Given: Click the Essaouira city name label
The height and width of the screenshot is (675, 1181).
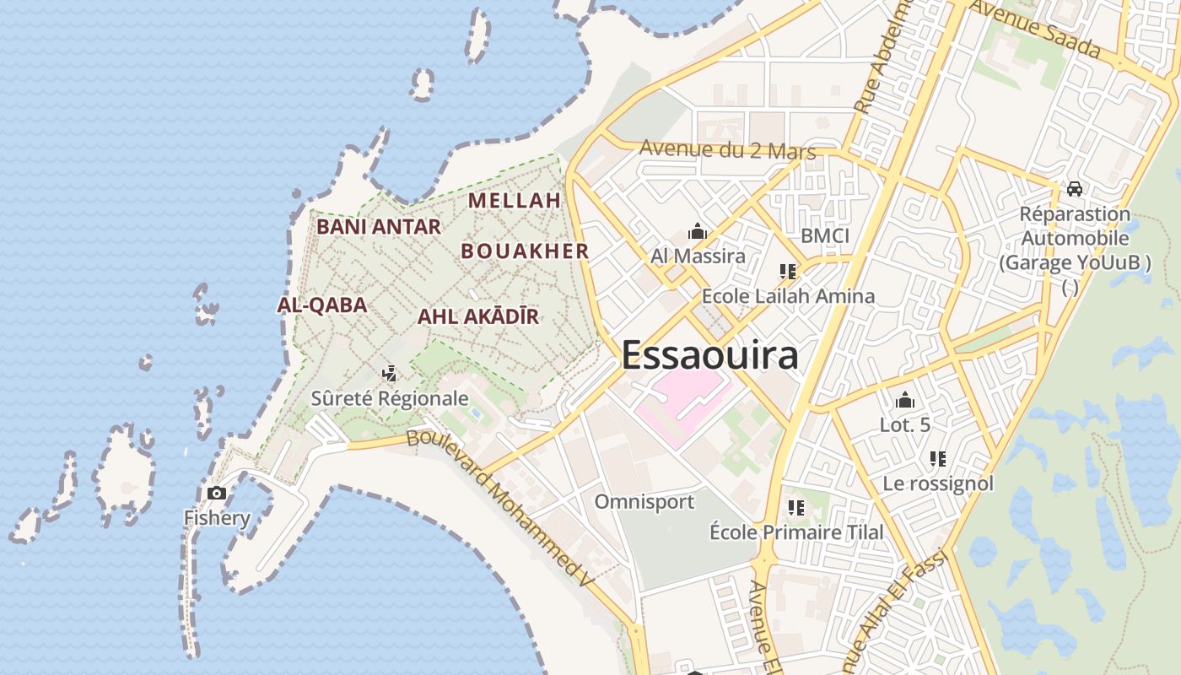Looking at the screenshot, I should point(709,355).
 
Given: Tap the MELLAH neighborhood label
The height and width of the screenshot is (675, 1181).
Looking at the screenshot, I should point(515,201).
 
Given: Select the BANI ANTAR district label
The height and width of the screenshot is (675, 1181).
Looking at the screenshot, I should point(378,227).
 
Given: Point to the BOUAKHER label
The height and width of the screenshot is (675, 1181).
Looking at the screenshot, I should point(525,251).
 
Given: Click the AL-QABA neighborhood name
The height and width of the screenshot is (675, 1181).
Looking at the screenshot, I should point(321,305).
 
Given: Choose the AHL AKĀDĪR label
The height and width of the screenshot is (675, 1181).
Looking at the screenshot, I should point(477,317).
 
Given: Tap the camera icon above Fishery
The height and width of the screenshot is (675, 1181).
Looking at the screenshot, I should point(217,494).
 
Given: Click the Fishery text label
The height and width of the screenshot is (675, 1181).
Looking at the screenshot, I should point(217,518).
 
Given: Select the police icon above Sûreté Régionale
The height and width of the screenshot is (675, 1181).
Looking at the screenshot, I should point(389,373).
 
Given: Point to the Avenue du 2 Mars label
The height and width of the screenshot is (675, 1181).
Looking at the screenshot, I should point(727,150).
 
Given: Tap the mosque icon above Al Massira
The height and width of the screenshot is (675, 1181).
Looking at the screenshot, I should point(698,231).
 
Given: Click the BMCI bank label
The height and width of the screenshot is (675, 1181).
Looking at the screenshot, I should point(825,236).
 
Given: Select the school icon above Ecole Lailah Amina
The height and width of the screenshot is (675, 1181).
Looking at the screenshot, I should point(788,272).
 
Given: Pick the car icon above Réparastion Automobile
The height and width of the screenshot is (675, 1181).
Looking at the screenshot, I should point(1075,189).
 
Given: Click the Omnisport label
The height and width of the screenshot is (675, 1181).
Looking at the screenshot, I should point(644,502).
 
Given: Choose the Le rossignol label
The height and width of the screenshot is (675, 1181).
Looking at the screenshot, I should point(938,484).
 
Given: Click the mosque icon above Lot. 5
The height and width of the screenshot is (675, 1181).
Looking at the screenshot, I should point(905,400).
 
